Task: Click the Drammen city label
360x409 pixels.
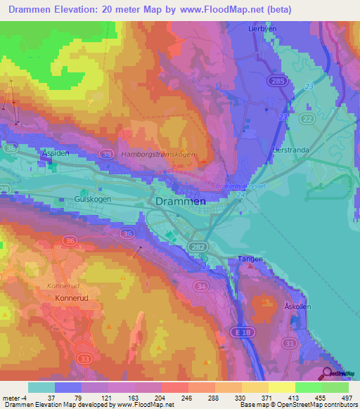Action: pos(179,201)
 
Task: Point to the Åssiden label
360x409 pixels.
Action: pos(56,152)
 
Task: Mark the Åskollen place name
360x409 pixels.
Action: pos(297,308)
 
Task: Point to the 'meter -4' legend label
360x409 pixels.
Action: pos(14,397)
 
